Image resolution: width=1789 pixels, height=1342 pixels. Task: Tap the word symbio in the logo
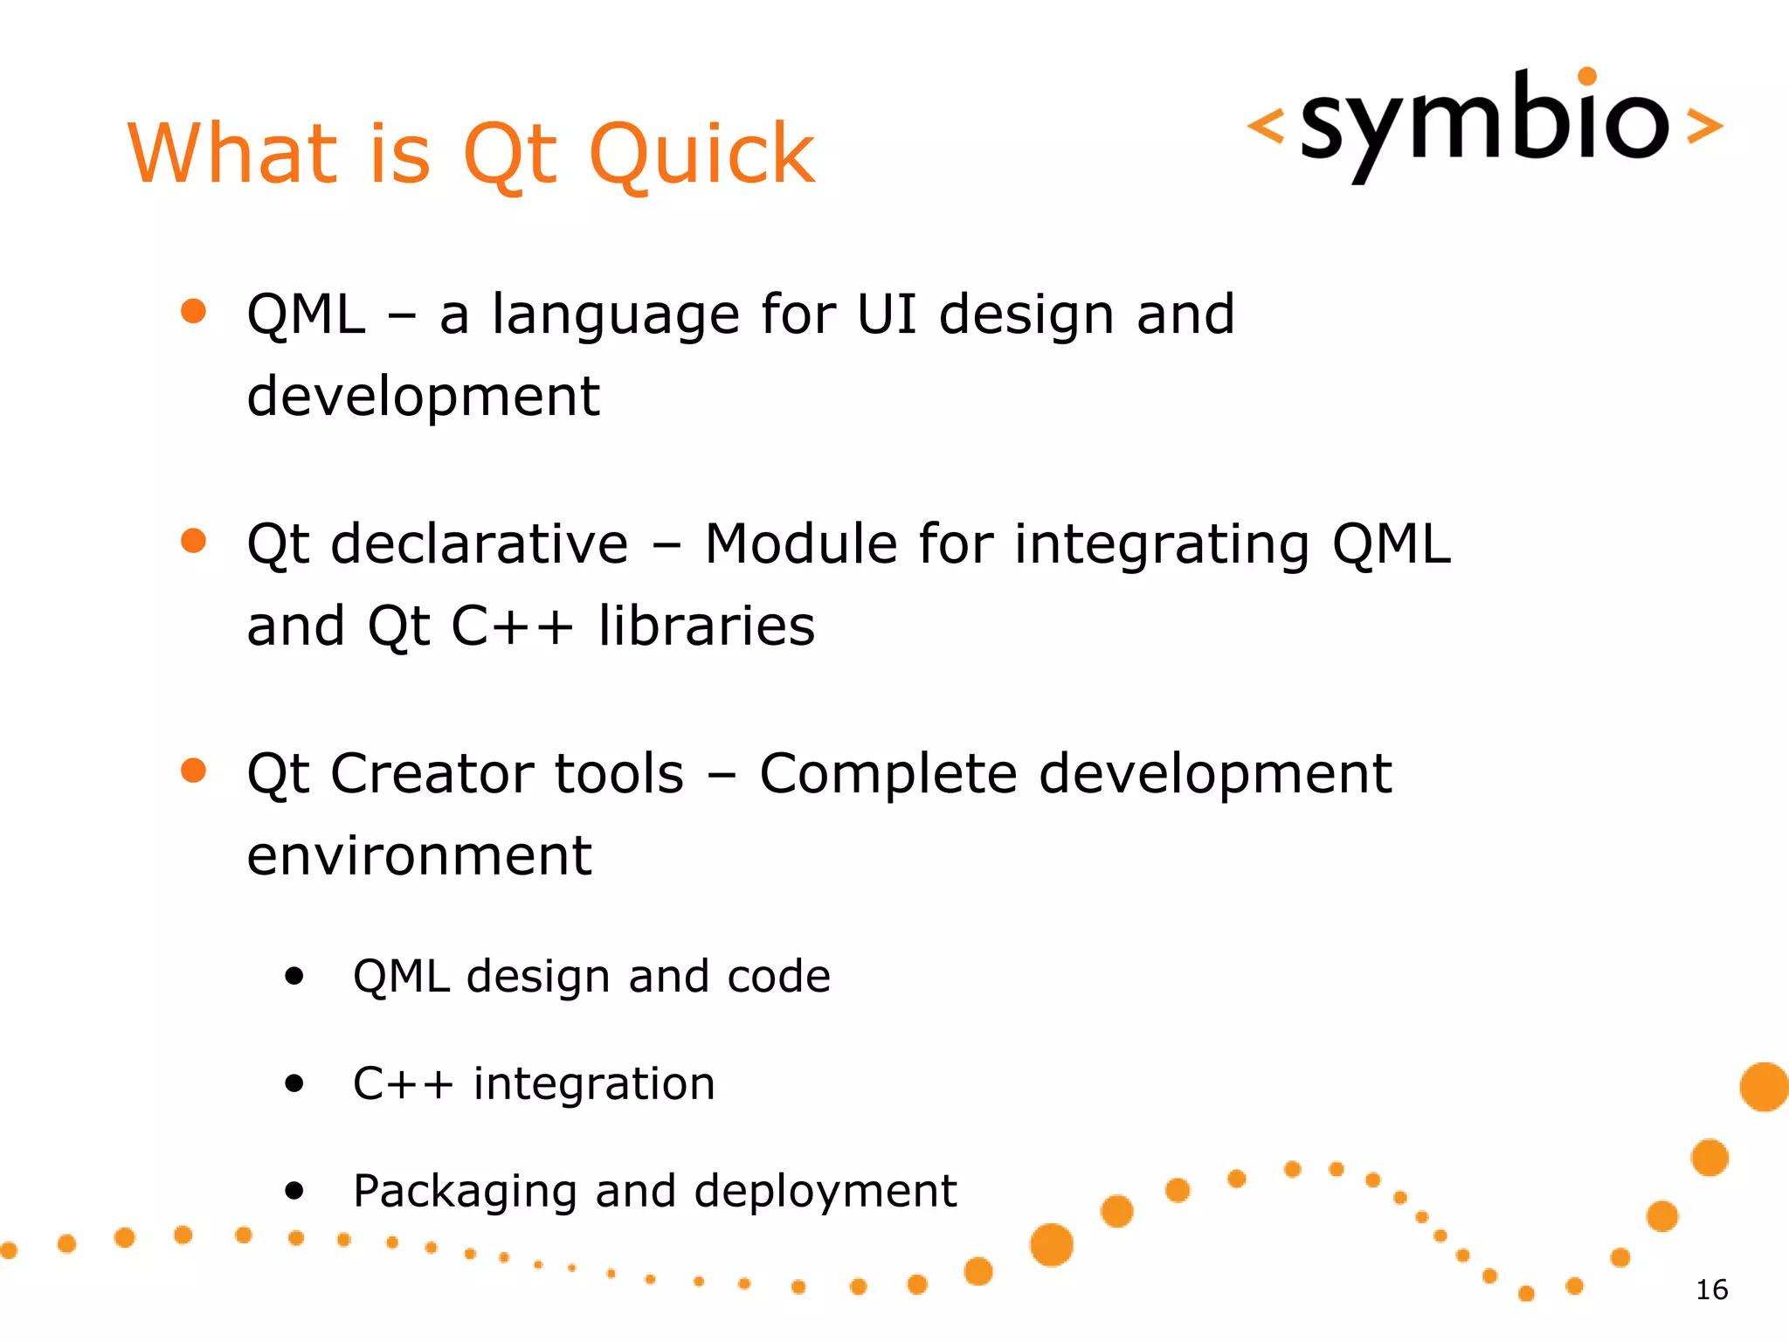[x=1484, y=122]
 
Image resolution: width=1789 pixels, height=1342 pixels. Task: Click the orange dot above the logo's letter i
[x=1587, y=77]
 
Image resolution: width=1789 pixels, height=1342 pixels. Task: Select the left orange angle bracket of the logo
[x=1266, y=126]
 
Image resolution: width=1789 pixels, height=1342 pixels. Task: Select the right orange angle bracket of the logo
[x=1704, y=126]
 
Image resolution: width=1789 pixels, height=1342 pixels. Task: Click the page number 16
[x=1711, y=1290]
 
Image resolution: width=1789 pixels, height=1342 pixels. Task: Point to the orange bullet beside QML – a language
[x=193, y=311]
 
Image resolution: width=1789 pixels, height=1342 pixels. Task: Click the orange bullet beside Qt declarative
[x=193, y=541]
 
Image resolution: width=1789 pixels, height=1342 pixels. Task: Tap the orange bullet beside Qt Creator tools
[x=193, y=771]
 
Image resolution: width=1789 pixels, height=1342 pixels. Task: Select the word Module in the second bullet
[x=800, y=543]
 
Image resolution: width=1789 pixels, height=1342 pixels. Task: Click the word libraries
[x=706, y=626]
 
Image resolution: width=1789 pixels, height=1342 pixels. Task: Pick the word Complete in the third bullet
[x=888, y=773]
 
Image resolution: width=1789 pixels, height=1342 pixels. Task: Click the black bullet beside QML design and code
[x=294, y=976]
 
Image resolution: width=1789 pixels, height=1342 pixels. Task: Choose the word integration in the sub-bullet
[x=594, y=1083]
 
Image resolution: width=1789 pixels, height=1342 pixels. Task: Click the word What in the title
[x=232, y=155]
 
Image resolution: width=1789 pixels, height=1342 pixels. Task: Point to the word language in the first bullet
[x=616, y=316]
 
